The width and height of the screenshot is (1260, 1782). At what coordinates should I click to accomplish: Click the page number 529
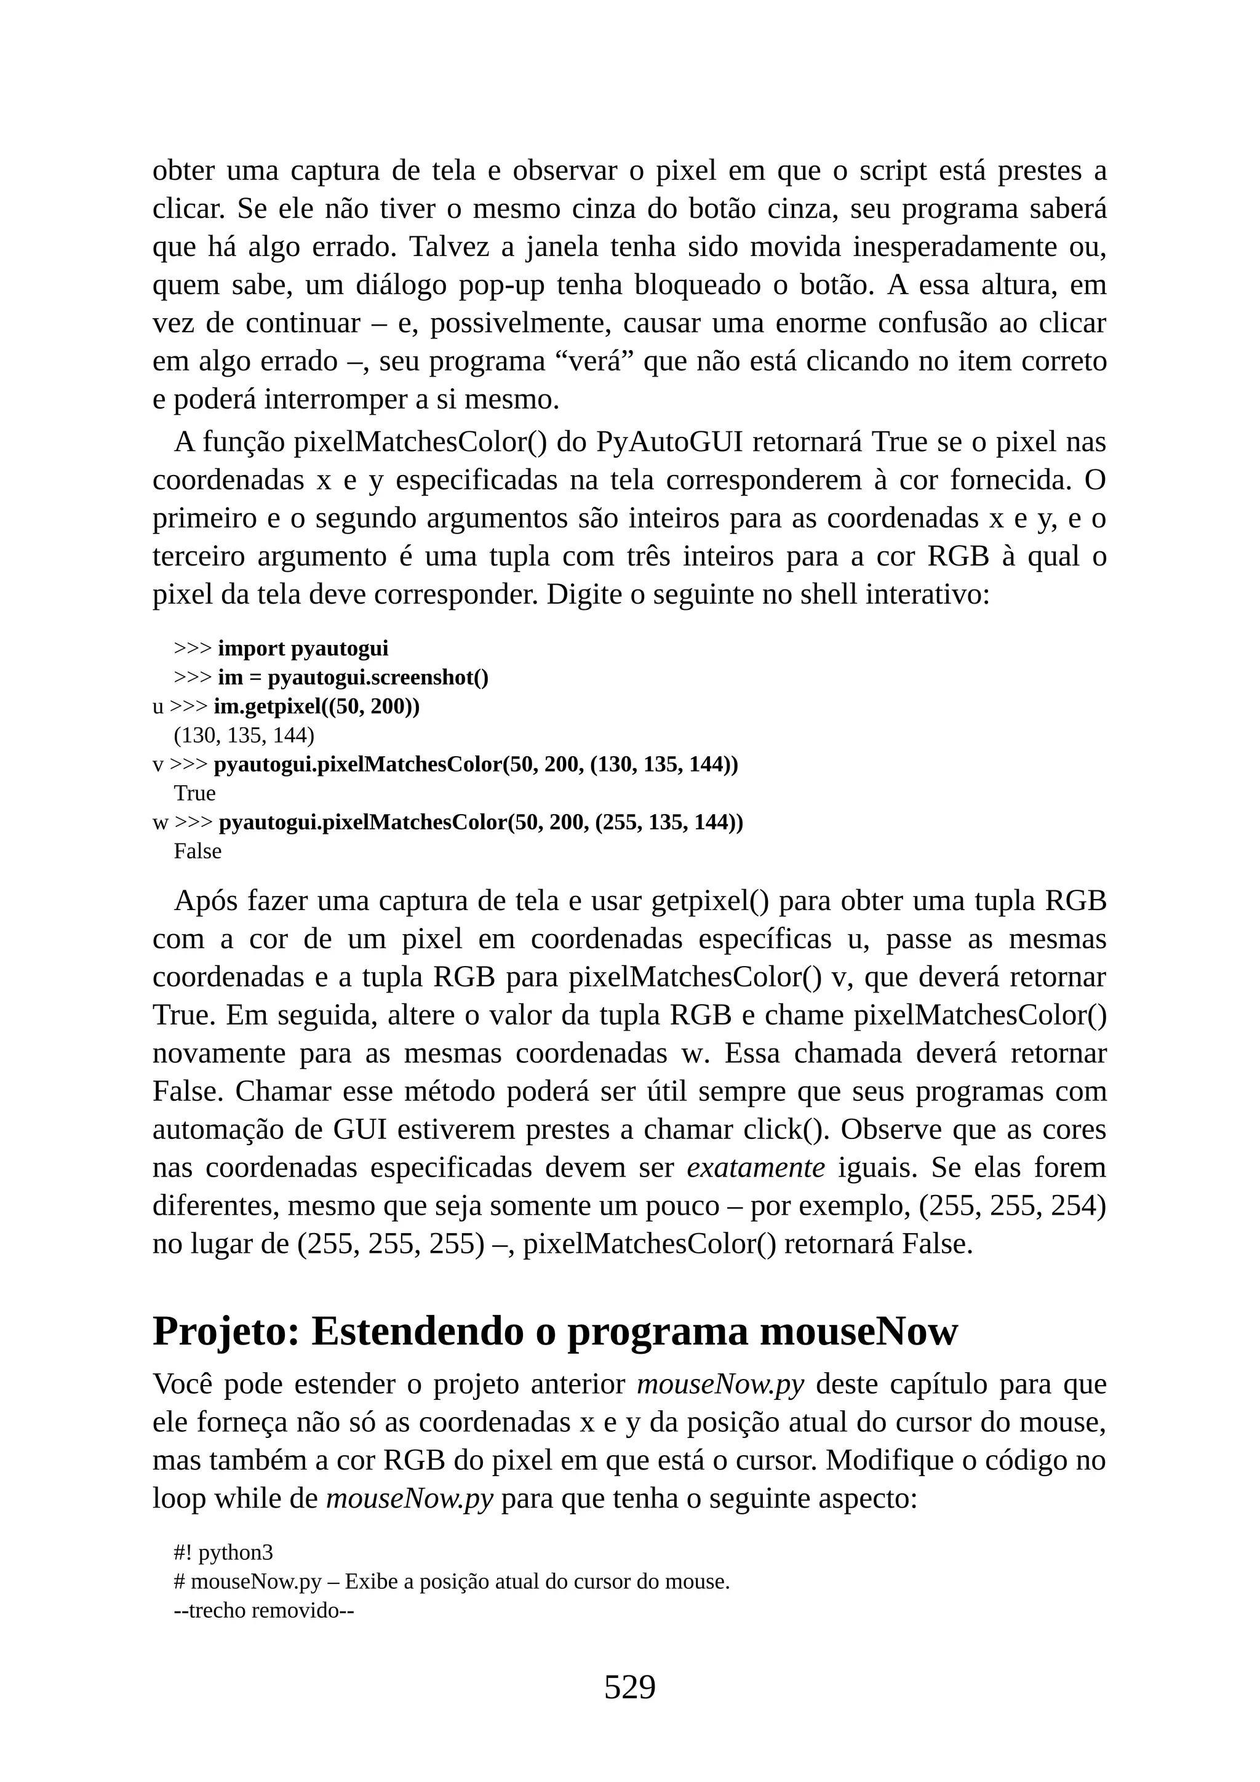click(629, 1687)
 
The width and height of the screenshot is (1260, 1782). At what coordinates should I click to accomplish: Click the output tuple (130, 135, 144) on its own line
click(244, 735)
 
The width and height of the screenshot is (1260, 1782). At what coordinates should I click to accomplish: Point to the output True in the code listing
click(195, 793)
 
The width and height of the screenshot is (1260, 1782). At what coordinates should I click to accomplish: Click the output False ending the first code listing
click(198, 852)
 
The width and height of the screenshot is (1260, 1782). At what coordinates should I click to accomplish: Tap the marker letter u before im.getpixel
click(157, 707)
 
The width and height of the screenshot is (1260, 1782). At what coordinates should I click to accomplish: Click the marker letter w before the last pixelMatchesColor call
click(160, 823)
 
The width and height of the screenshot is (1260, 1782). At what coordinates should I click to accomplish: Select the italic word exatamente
click(756, 1168)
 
